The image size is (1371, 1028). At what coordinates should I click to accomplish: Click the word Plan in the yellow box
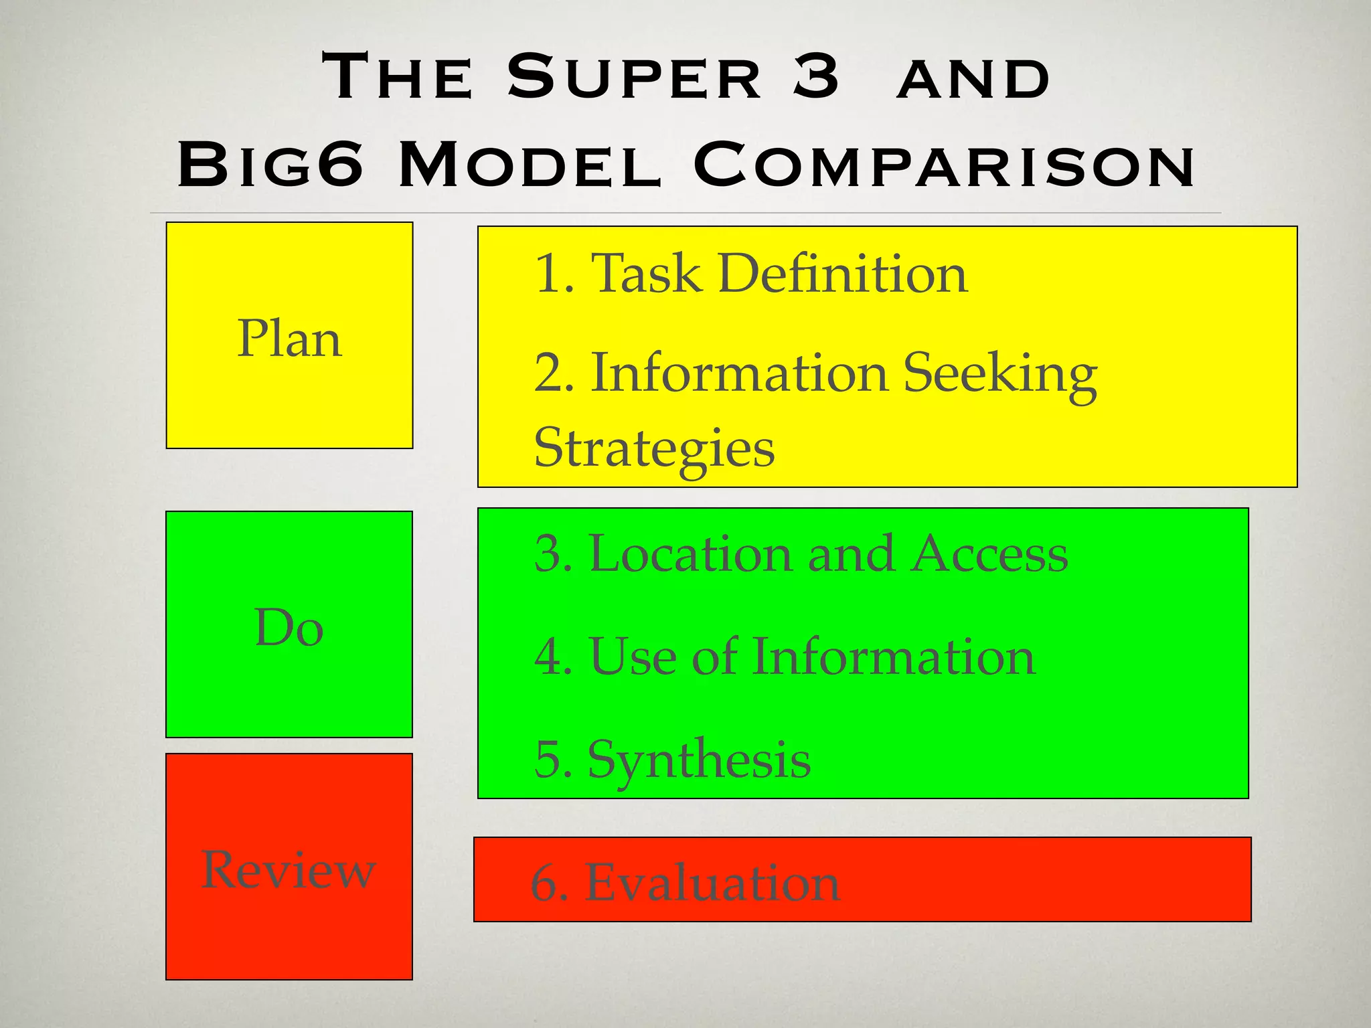coord(289,339)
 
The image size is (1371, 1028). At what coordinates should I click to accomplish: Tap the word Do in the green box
coord(289,628)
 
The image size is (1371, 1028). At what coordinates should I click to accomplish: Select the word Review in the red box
coord(289,869)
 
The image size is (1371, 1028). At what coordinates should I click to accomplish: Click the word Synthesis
coord(699,760)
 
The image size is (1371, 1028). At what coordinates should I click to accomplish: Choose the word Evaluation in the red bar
coord(712,883)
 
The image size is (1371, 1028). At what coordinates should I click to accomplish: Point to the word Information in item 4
coord(894,657)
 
